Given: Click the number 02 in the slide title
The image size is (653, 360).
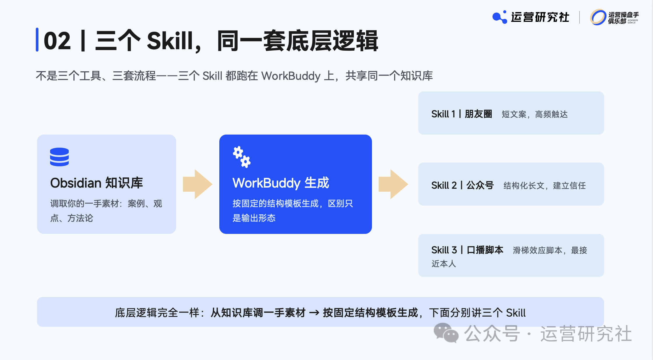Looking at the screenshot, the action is (57, 41).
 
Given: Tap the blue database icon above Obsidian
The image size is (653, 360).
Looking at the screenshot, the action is (59, 157).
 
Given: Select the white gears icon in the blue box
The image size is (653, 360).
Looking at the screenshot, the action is (242, 157).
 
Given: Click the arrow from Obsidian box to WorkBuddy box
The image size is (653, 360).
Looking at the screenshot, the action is (197, 184).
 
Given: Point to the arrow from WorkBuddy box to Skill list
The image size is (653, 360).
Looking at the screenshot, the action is (393, 184).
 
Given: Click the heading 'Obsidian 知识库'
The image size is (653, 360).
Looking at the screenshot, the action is (96, 183).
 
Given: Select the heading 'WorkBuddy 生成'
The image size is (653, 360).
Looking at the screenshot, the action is (281, 183).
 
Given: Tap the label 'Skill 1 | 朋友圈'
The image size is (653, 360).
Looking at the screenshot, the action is (462, 114).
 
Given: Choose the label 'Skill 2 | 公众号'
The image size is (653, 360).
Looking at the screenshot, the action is (463, 185).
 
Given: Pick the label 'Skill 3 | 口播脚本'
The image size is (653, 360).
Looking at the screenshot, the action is (467, 250).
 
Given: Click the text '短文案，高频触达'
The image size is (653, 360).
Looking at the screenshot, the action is (535, 114).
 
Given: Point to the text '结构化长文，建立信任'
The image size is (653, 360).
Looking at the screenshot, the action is (545, 186).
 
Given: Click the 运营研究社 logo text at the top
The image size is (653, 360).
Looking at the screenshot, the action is (540, 17).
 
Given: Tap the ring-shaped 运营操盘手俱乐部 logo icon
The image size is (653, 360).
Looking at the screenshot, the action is (598, 17).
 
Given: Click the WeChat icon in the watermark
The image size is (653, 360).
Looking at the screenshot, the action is (446, 333).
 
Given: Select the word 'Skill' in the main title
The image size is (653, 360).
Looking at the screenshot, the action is (170, 41).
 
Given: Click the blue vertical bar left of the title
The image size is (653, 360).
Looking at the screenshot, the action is (37, 40).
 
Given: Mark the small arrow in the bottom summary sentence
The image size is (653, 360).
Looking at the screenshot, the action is (314, 313).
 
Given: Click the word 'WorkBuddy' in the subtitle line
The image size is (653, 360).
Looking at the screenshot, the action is (291, 76).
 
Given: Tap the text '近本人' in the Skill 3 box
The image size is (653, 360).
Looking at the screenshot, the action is (444, 264).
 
